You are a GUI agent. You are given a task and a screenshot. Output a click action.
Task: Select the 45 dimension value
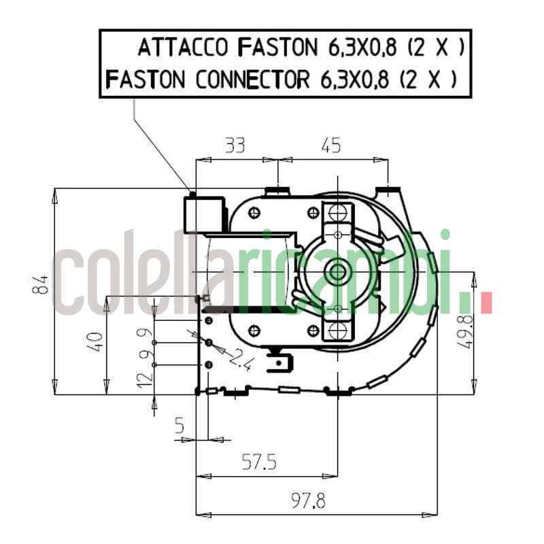point(330,145)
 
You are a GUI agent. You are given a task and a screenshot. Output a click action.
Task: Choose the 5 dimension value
point(180,426)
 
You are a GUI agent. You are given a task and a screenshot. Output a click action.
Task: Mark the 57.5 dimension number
point(259,463)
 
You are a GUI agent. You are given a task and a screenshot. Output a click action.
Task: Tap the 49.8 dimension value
point(464,332)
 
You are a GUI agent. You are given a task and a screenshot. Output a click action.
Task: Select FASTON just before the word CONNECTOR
point(146,80)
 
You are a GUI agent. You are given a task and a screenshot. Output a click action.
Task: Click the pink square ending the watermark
point(486,302)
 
